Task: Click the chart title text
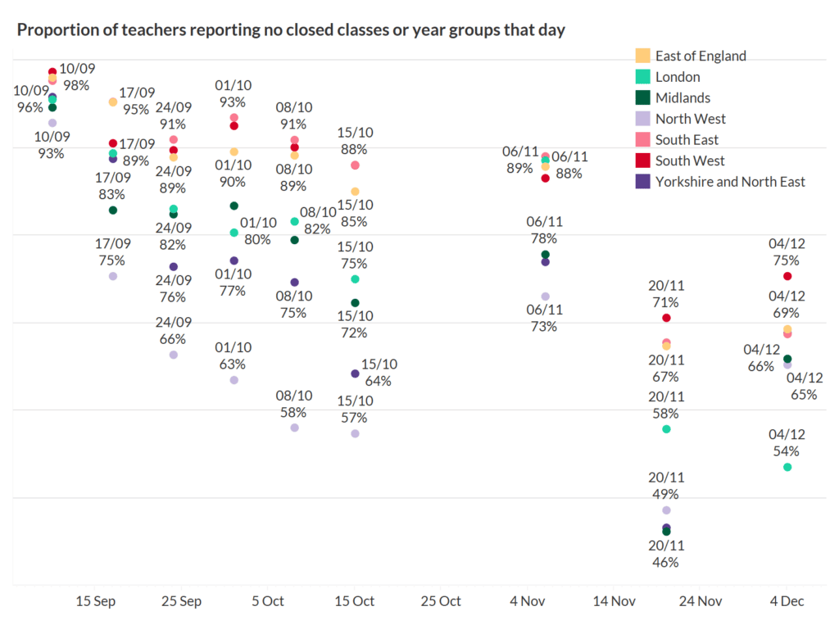click(291, 30)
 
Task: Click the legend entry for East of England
click(701, 56)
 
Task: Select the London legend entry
click(678, 77)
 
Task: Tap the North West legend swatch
click(643, 119)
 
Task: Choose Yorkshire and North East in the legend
click(730, 182)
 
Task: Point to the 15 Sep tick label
click(95, 601)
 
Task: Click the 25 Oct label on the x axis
click(441, 601)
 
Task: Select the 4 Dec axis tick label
click(787, 601)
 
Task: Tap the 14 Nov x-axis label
click(614, 601)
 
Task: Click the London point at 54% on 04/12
click(787, 467)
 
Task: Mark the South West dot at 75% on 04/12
click(787, 276)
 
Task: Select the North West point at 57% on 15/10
click(355, 433)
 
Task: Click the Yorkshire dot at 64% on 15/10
click(355, 373)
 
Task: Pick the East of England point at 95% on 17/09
click(113, 102)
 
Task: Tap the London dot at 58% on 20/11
click(666, 429)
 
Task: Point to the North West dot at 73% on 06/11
click(546, 296)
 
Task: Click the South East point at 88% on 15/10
click(355, 165)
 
